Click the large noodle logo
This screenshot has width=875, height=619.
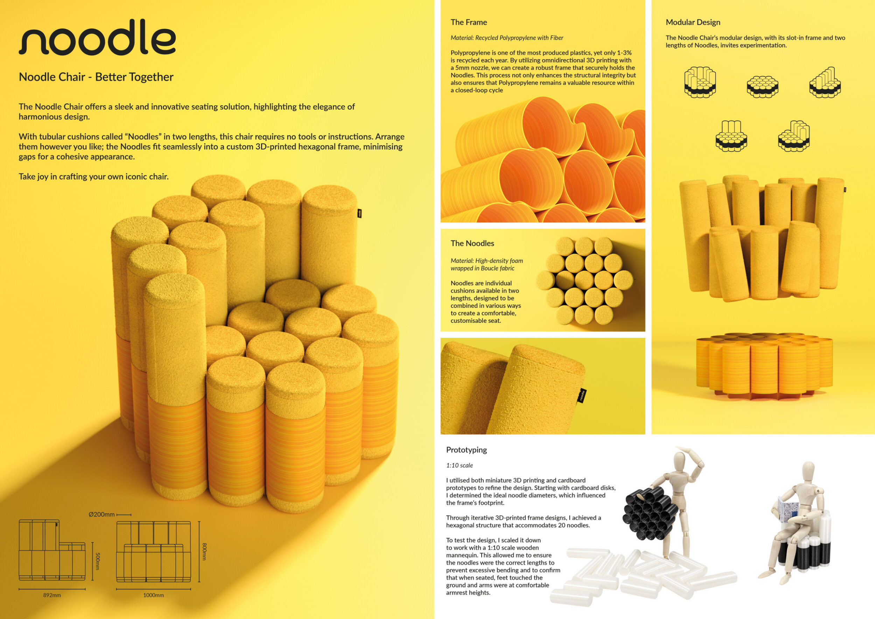[97, 37]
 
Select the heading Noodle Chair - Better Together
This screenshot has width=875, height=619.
[96, 77]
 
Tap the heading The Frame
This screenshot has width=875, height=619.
[469, 22]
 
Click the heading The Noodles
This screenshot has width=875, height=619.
[472, 243]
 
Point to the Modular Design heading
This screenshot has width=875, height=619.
[693, 22]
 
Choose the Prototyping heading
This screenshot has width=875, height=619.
[467, 450]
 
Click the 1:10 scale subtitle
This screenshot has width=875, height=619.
[460, 465]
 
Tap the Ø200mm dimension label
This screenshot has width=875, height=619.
[101, 515]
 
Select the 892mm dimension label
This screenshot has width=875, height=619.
[52, 595]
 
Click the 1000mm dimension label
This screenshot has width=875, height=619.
[154, 595]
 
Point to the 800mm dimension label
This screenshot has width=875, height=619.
[204, 551]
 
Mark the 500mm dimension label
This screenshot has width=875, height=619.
[97, 562]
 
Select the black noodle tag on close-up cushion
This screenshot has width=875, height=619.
[582, 395]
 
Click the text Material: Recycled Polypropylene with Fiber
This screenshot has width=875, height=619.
[507, 38]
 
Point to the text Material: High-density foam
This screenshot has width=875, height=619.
[486, 261]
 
